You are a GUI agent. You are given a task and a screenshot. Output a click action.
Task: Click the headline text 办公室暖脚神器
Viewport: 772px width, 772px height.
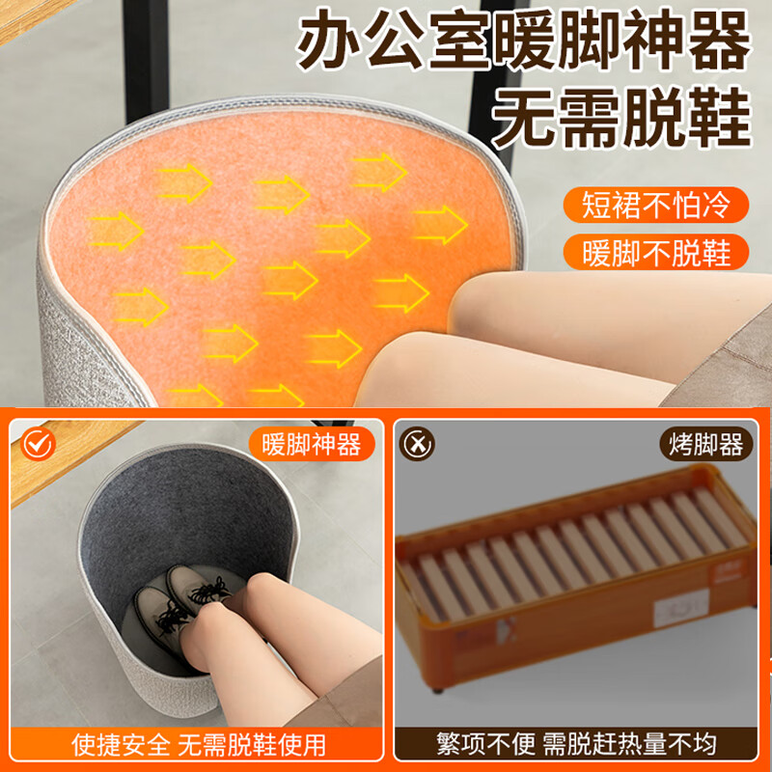coord(524,40)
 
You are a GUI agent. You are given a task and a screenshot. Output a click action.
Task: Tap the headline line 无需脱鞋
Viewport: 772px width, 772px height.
coord(621,117)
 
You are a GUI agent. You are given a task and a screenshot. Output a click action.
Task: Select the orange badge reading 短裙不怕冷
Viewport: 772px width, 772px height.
coord(656,205)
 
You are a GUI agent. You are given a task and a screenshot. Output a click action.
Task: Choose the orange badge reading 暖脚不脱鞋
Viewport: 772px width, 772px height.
coord(656,252)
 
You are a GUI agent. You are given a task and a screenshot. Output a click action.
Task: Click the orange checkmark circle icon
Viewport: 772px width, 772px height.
coord(38,444)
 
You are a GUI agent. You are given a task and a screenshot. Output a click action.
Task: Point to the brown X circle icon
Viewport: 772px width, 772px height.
coord(417,444)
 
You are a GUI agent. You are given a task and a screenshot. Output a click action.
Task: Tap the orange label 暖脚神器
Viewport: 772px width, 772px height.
coord(311,444)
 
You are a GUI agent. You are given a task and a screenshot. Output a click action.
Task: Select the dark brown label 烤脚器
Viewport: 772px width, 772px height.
coord(705,444)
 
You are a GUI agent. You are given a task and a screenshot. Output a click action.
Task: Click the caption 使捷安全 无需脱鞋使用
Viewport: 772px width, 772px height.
coord(199,745)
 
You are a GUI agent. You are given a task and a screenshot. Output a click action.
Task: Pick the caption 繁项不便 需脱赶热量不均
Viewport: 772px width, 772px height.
coord(576,744)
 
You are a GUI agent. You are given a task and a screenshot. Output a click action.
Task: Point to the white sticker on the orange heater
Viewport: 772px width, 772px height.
coord(681,608)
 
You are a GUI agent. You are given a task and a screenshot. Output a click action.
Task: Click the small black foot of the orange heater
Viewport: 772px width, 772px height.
coord(437,689)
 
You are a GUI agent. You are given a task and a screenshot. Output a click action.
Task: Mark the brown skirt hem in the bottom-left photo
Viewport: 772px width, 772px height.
coord(340,699)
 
